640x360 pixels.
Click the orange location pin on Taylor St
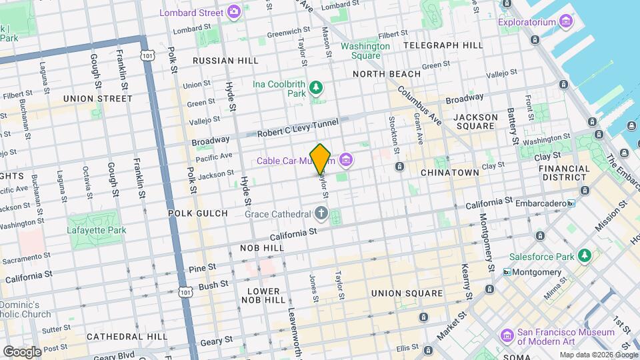[321, 159]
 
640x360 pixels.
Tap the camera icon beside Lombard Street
[233, 11]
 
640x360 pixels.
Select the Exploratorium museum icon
[567, 21]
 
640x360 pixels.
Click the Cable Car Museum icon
[345, 161]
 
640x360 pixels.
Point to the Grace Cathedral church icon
[321, 214]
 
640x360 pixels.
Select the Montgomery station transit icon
[507, 272]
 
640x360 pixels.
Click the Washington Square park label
[365, 51]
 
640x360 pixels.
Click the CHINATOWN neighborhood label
[450, 172]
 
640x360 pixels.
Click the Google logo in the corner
[23, 351]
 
